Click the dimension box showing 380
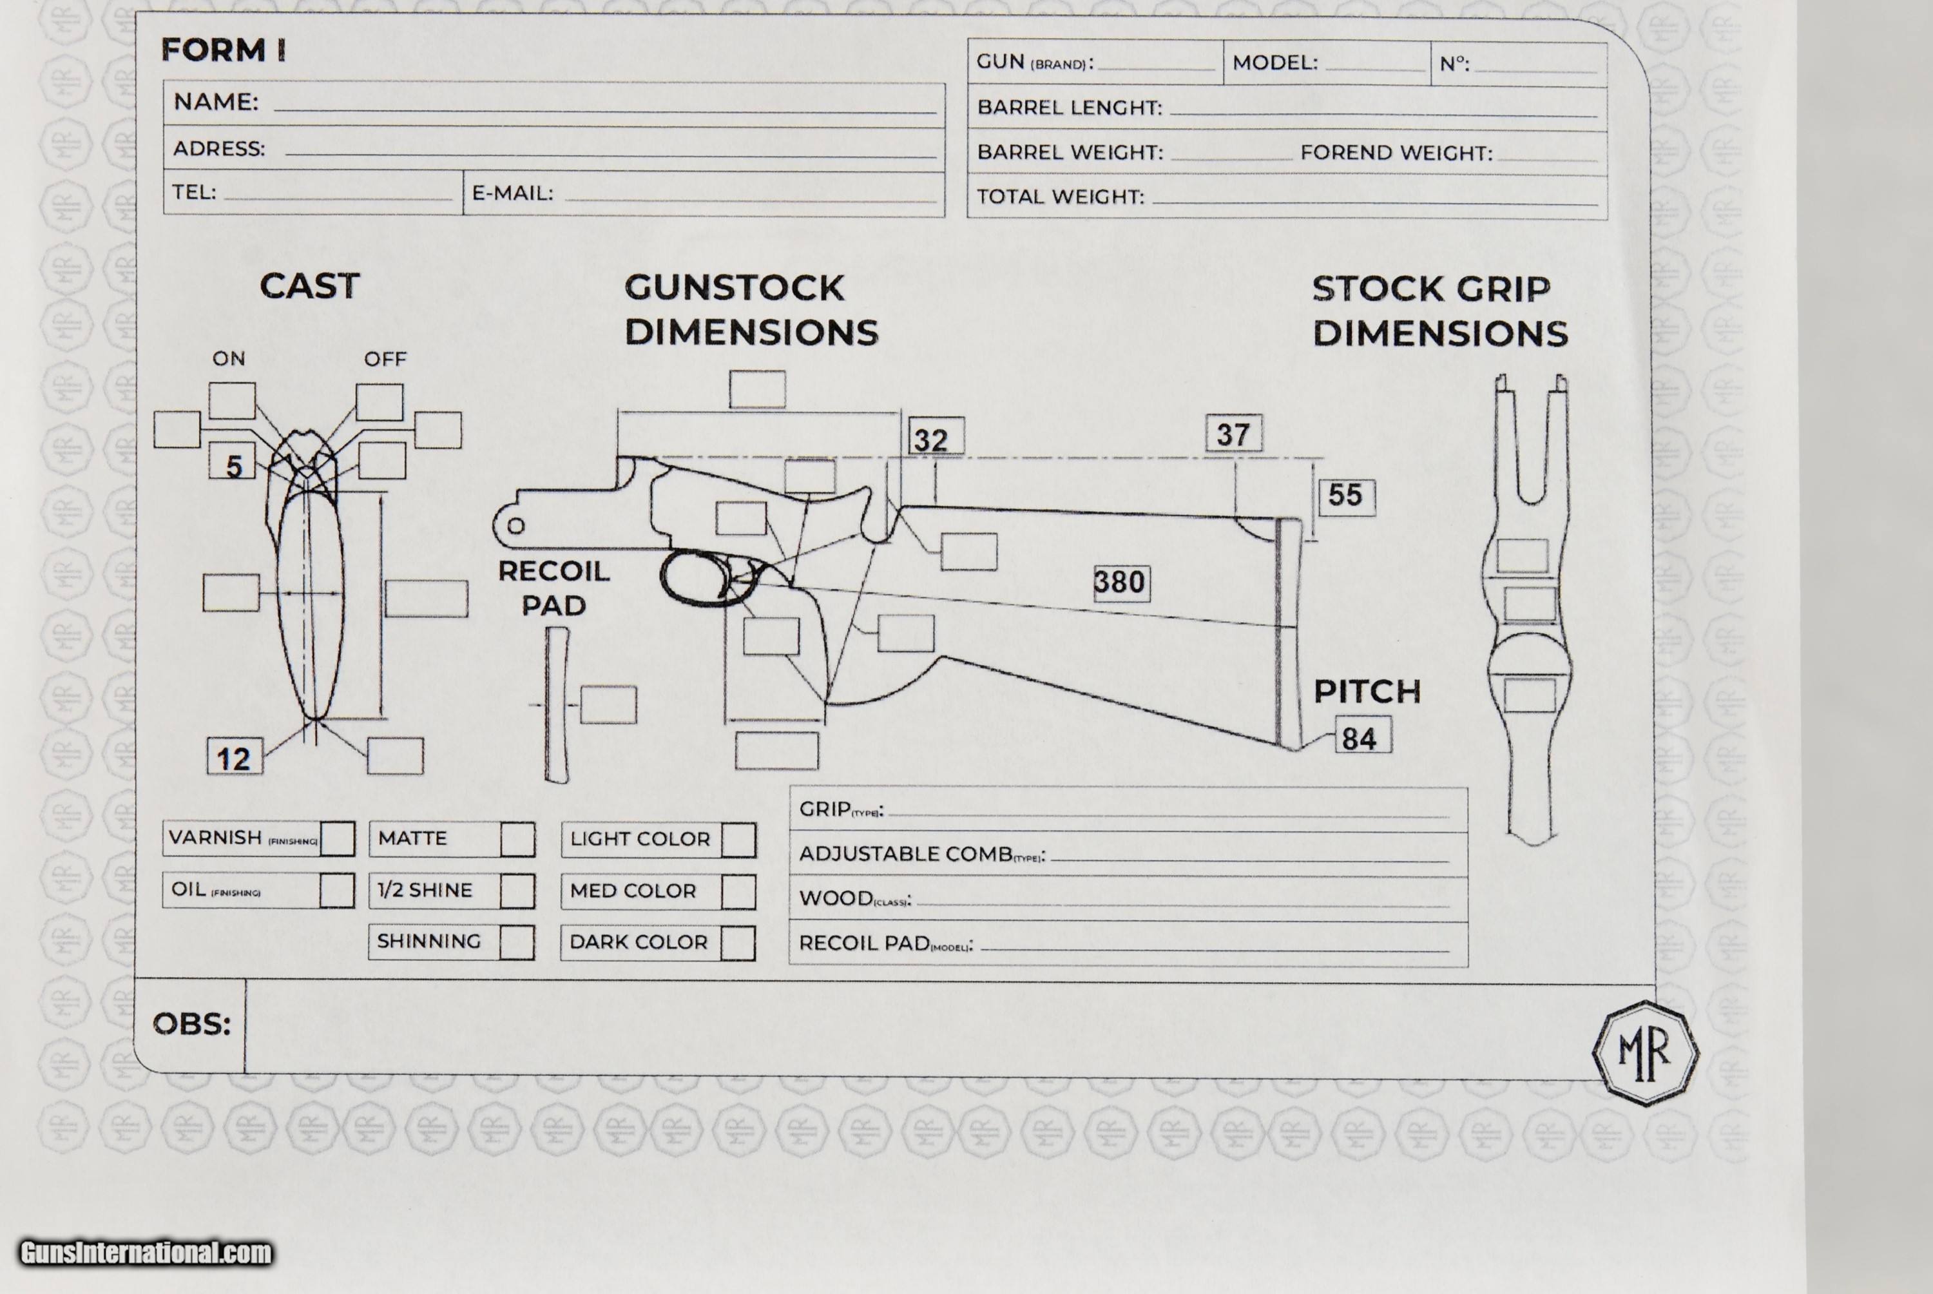coord(1120,583)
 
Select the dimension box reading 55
coord(1347,496)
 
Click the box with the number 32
coord(936,438)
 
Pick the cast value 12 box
coord(235,758)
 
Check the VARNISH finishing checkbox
coord(338,838)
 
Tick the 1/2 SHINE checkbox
coord(517,891)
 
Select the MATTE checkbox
coord(517,839)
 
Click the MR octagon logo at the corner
coord(1644,1052)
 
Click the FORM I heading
coord(224,50)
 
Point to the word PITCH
coord(1367,691)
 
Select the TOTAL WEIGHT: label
coord(1060,197)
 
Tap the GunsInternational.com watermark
coord(146,1253)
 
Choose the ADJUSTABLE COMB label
coord(905,853)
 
